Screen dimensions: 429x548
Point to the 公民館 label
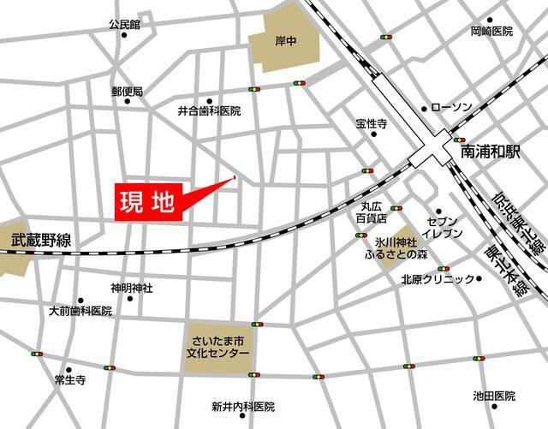pyautogui.click(x=123, y=25)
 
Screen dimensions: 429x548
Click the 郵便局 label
pyautogui.click(x=127, y=91)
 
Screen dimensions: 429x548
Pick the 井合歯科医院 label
pyautogui.click(x=209, y=111)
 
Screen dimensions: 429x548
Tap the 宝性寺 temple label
pyautogui.click(x=372, y=124)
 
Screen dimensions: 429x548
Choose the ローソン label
pyautogui.click(x=451, y=108)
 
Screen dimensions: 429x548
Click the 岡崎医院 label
pyautogui.click(x=491, y=32)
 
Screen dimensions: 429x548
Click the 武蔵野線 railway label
pyautogui.click(x=40, y=242)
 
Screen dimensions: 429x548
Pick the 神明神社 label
pyautogui.click(x=131, y=288)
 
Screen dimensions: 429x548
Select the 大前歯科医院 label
pyautogui.click(x=80, y=311)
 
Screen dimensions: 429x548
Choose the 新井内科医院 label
pyautogui.click(x=243, y=406)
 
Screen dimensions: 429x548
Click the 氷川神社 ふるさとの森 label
pyautogui.click(x=396, y=248)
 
